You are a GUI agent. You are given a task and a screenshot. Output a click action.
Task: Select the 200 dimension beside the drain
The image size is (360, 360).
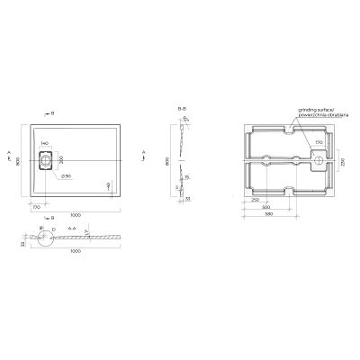[x=61, y=160]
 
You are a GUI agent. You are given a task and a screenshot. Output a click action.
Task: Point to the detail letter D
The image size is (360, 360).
[x=53, y=229]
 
